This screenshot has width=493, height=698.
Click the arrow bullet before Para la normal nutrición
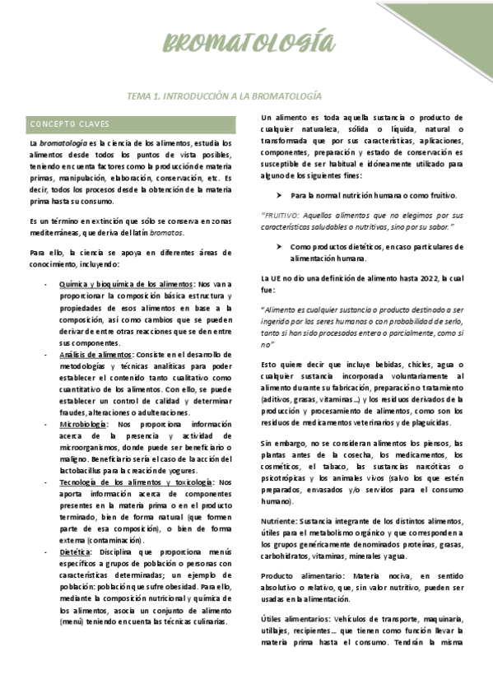coord(280,196)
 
